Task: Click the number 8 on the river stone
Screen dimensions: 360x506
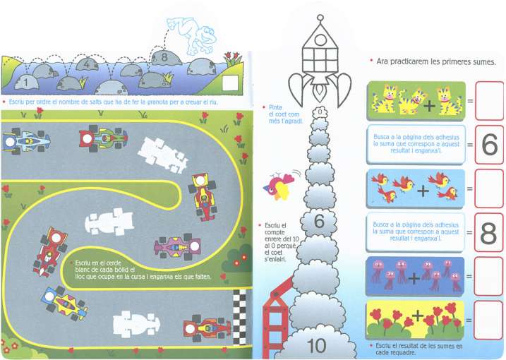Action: click(x=164, y=57)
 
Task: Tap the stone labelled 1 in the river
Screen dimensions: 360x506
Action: click(x=25, y=83)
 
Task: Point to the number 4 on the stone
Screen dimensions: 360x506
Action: click(x=86, y=64)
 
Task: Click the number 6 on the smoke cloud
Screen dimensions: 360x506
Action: click(x=319, y=221)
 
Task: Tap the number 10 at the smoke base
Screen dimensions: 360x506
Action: click(x=317, y=346)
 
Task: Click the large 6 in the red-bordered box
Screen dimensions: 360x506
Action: click(x=488, y=145)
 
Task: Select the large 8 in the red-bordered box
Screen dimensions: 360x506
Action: click(x=488, y=234)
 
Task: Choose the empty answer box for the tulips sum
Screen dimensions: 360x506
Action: click(x=488, y=320)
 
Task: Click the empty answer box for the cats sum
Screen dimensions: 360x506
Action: click(x=488, y=101)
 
